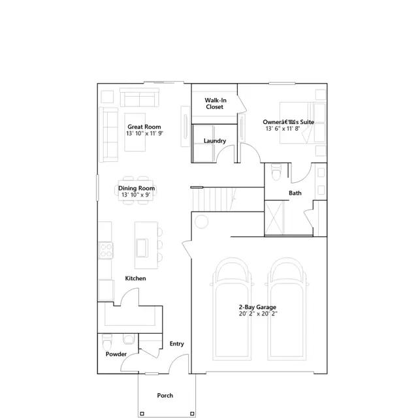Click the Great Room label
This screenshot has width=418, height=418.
click(x=144, y=127)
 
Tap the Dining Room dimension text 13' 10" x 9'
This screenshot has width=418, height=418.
click(x=136, y=195)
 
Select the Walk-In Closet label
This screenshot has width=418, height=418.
click(x=215, y=103)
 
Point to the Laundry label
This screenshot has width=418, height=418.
click(x=215, y=141)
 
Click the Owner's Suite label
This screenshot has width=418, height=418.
click(x=288, y=121)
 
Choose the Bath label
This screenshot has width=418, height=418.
click(x=295, y=193)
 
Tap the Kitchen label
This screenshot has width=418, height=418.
click(x=136, y=278)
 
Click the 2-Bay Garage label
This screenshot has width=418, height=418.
click(x=257, y=307)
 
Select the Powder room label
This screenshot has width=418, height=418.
click(x=116, y=354)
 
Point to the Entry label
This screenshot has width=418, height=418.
click(x=176, y=344)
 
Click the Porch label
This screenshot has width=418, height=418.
click(x=165, y=396)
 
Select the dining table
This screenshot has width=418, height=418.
click(x=136, y=191)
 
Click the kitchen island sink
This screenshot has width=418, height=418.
click(x=142, y=247)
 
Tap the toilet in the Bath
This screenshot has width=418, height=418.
click(x=276, y=173)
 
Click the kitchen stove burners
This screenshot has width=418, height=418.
click(x=104, y=249)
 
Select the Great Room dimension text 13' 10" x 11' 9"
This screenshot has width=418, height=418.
click(x=145, y=133)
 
